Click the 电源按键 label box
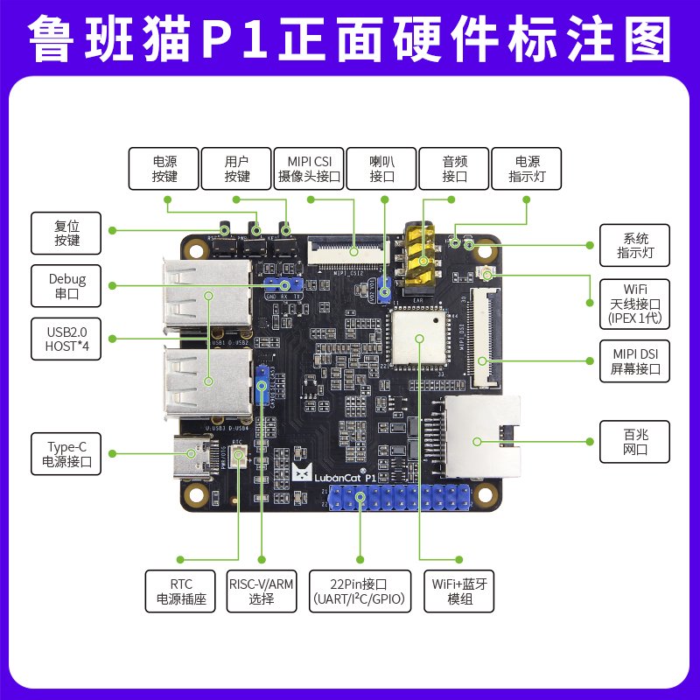[164, 169]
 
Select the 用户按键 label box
[237, 169]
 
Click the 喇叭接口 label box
[382, 169]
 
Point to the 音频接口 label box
[454, 169]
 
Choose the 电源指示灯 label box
[527, 169]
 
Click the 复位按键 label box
[66, 232]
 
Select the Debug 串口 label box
[66, 286]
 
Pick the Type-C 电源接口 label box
[66, 453]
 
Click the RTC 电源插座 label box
[180, 591]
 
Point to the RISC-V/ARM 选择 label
[261, 591]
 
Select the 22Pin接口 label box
[359, 591]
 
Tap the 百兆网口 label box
[634, 442]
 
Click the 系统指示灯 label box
[634, 246]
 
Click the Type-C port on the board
[200, 455]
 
